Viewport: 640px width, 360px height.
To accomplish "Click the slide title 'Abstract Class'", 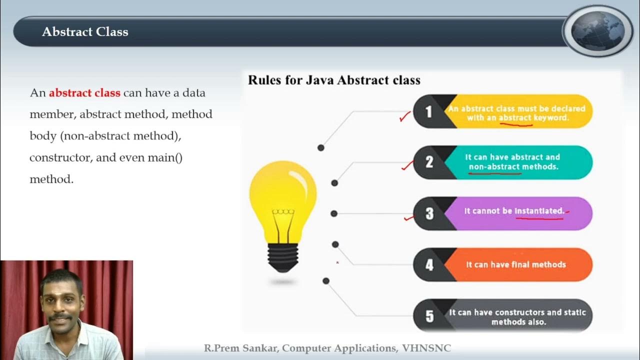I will tap(85, 32).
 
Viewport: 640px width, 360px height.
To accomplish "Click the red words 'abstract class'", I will tap(84, 93).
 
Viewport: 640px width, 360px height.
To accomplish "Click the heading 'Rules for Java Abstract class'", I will tap(334, 80).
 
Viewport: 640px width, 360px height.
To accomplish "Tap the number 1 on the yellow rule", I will tap(428, 111).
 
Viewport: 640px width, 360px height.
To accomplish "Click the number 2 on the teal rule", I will tap(428, 162).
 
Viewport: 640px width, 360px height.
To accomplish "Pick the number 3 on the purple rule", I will tap(429, 213).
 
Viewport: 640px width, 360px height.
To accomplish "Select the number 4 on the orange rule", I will tap(429, 264).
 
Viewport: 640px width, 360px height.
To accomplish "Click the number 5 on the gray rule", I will tap(429, 316).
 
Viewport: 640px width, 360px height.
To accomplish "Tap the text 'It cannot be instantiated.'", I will tap(514, 211).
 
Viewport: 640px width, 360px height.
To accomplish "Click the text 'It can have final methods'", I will tap(516, 264).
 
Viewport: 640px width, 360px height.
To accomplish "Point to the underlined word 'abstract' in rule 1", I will tap(515, 118).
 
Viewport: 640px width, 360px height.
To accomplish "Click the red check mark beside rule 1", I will tap(405, 117).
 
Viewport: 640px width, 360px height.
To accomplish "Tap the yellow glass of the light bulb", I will tap(282, 192).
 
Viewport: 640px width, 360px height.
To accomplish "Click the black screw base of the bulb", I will tap(283, 255).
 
